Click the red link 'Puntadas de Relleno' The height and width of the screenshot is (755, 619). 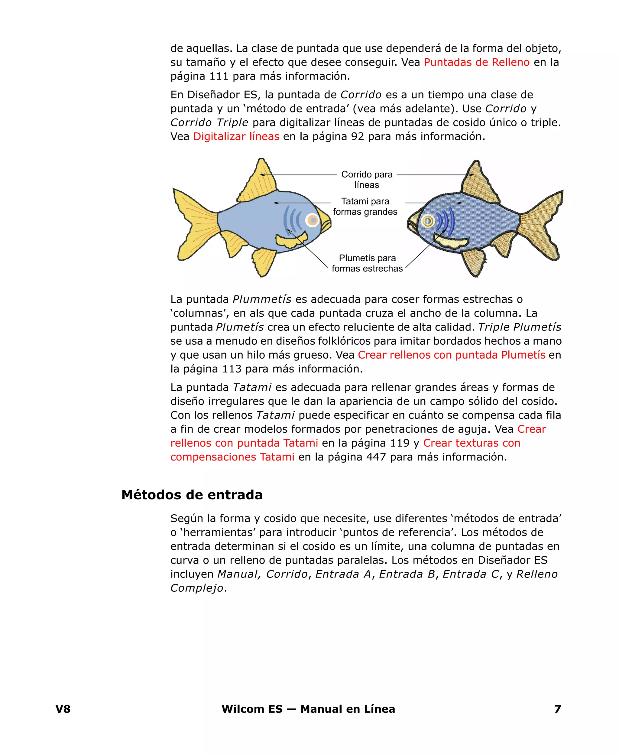pyautogui.click(x=476, y=62)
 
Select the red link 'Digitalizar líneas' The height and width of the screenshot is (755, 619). pyautogui.click(x=236, y=137)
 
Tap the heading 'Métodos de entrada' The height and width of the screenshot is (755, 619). pyautogui.click(x=192, y=495)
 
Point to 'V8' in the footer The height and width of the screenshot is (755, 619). pyautogui.click(x=63, y=709)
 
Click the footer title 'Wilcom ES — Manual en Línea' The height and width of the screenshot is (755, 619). pyautogui.click(x=308, y=709)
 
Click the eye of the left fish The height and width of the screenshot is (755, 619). pyautogui.click(x=313, y=220)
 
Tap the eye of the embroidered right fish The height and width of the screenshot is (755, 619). pyautogui.click(x=428, y=221)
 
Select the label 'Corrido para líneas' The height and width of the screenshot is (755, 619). pyautogui.click(x=367, y=179)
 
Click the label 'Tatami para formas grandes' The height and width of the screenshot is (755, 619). pyautogui.click(x=365, y=207)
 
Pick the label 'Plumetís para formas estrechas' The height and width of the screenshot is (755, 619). pyautogui.click(x=367, y=263)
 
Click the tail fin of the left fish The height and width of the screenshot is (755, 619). pyautogui.click(x=194, y=223)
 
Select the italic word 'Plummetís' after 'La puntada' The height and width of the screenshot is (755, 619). pyautogui.click(x=262, y=299)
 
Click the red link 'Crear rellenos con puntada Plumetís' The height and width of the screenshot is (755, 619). pyautogui.click(x=452, y=355)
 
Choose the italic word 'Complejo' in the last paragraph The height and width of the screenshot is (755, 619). pyautogui.click(x=196, y=588)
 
